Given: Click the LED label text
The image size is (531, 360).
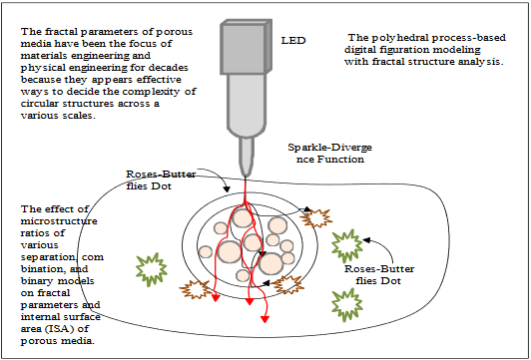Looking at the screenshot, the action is tap(293, 41).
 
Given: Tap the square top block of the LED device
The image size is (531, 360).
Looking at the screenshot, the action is tap(246, 47).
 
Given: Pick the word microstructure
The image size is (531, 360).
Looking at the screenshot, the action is tap(59, 221).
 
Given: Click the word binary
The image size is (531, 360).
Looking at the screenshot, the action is tap(36, 281).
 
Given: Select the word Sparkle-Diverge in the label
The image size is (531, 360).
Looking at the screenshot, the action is tap(329, 148).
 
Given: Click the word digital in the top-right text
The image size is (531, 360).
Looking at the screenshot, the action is tap(357, 50).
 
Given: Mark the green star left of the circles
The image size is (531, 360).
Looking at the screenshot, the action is tap(151, 269).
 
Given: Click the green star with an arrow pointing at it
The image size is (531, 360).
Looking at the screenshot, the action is tap(346, 246).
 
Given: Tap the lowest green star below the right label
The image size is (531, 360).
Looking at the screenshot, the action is tap(347, 304).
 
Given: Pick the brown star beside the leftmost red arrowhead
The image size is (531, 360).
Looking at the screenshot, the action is tap(196, 289).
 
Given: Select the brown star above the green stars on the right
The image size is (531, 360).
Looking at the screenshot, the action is tap(316, 218).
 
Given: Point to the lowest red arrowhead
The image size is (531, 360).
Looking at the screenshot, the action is tap(265, 319).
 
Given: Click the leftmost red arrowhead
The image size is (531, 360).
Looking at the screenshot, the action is tap(216, 298).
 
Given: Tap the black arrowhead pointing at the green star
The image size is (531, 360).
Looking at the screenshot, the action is tap(367, 240).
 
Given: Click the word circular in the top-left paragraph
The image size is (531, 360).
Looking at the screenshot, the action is tap(37, 104).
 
